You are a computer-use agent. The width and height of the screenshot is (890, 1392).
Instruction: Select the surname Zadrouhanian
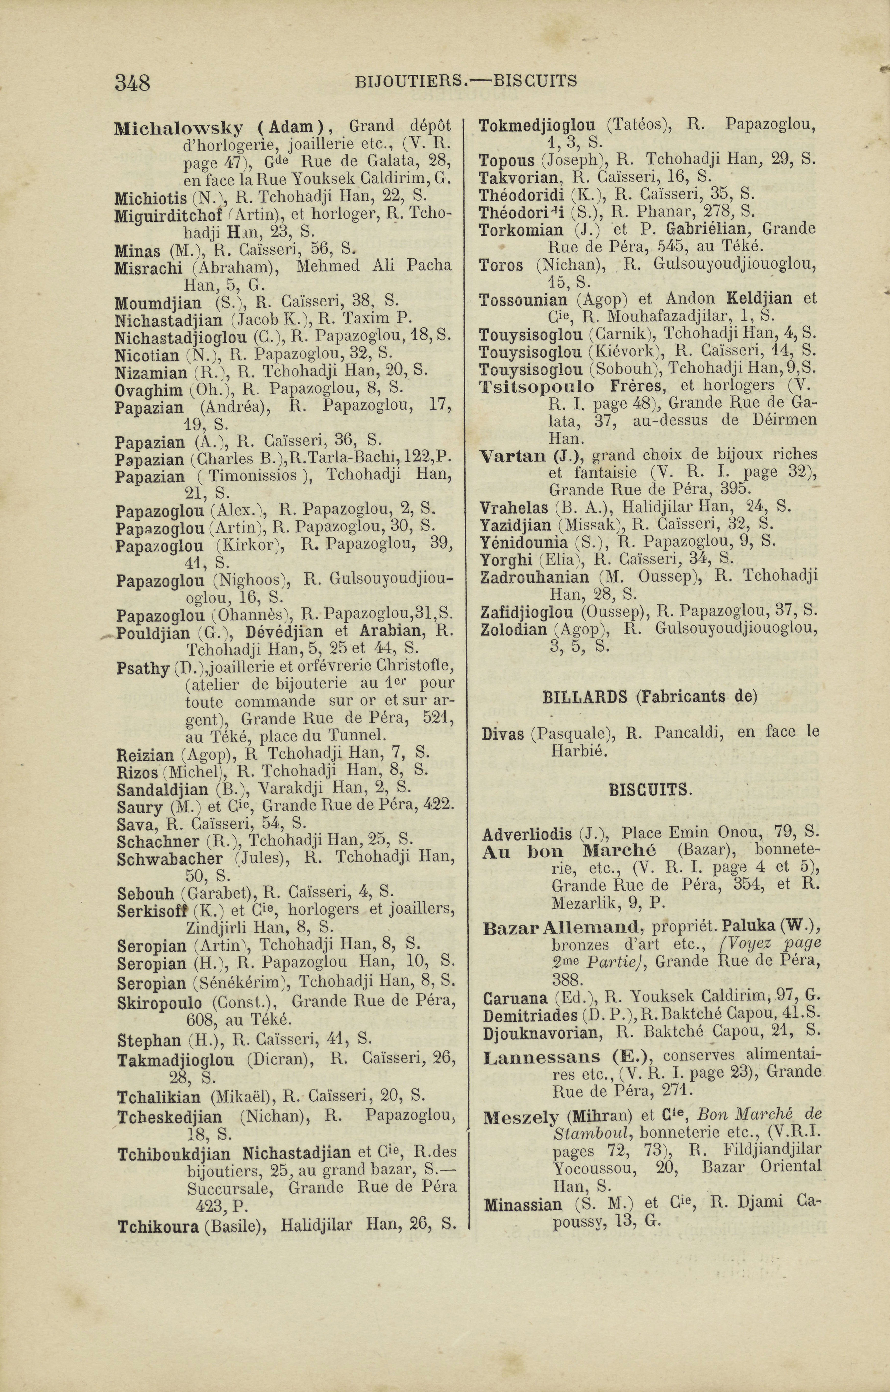point(534,577)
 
